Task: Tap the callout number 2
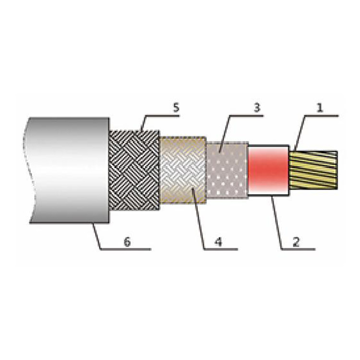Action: (296, 241)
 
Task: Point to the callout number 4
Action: (218, 241)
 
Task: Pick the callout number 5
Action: (176, 107)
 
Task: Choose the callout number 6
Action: (127, 241)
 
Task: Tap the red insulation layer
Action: (268, 169)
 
